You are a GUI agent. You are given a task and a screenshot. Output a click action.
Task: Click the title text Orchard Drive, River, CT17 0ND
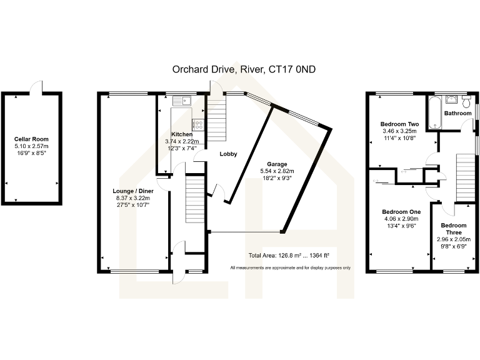(244, 69)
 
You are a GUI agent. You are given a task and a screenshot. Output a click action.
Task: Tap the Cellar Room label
(31, 139)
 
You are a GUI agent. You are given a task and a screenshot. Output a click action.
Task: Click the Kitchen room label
(182, 134)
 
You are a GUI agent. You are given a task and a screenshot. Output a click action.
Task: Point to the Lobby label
(227, 153)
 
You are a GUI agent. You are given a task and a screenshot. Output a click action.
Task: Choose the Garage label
(277, 164)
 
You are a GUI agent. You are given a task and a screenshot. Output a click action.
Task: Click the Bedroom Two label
(398, 124)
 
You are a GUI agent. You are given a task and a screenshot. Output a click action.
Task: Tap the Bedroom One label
(401, 212)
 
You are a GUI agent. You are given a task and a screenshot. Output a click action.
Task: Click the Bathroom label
(457, 113)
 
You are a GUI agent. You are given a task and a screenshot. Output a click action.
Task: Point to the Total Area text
(289, 256)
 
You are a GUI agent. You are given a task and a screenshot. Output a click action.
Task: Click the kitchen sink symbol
(182, 100)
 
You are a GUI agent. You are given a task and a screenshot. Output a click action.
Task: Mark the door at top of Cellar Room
(37, 88)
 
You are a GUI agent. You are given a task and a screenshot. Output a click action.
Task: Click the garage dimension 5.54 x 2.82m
(277, 171)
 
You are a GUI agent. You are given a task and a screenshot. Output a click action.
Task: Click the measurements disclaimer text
(290, 267)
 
